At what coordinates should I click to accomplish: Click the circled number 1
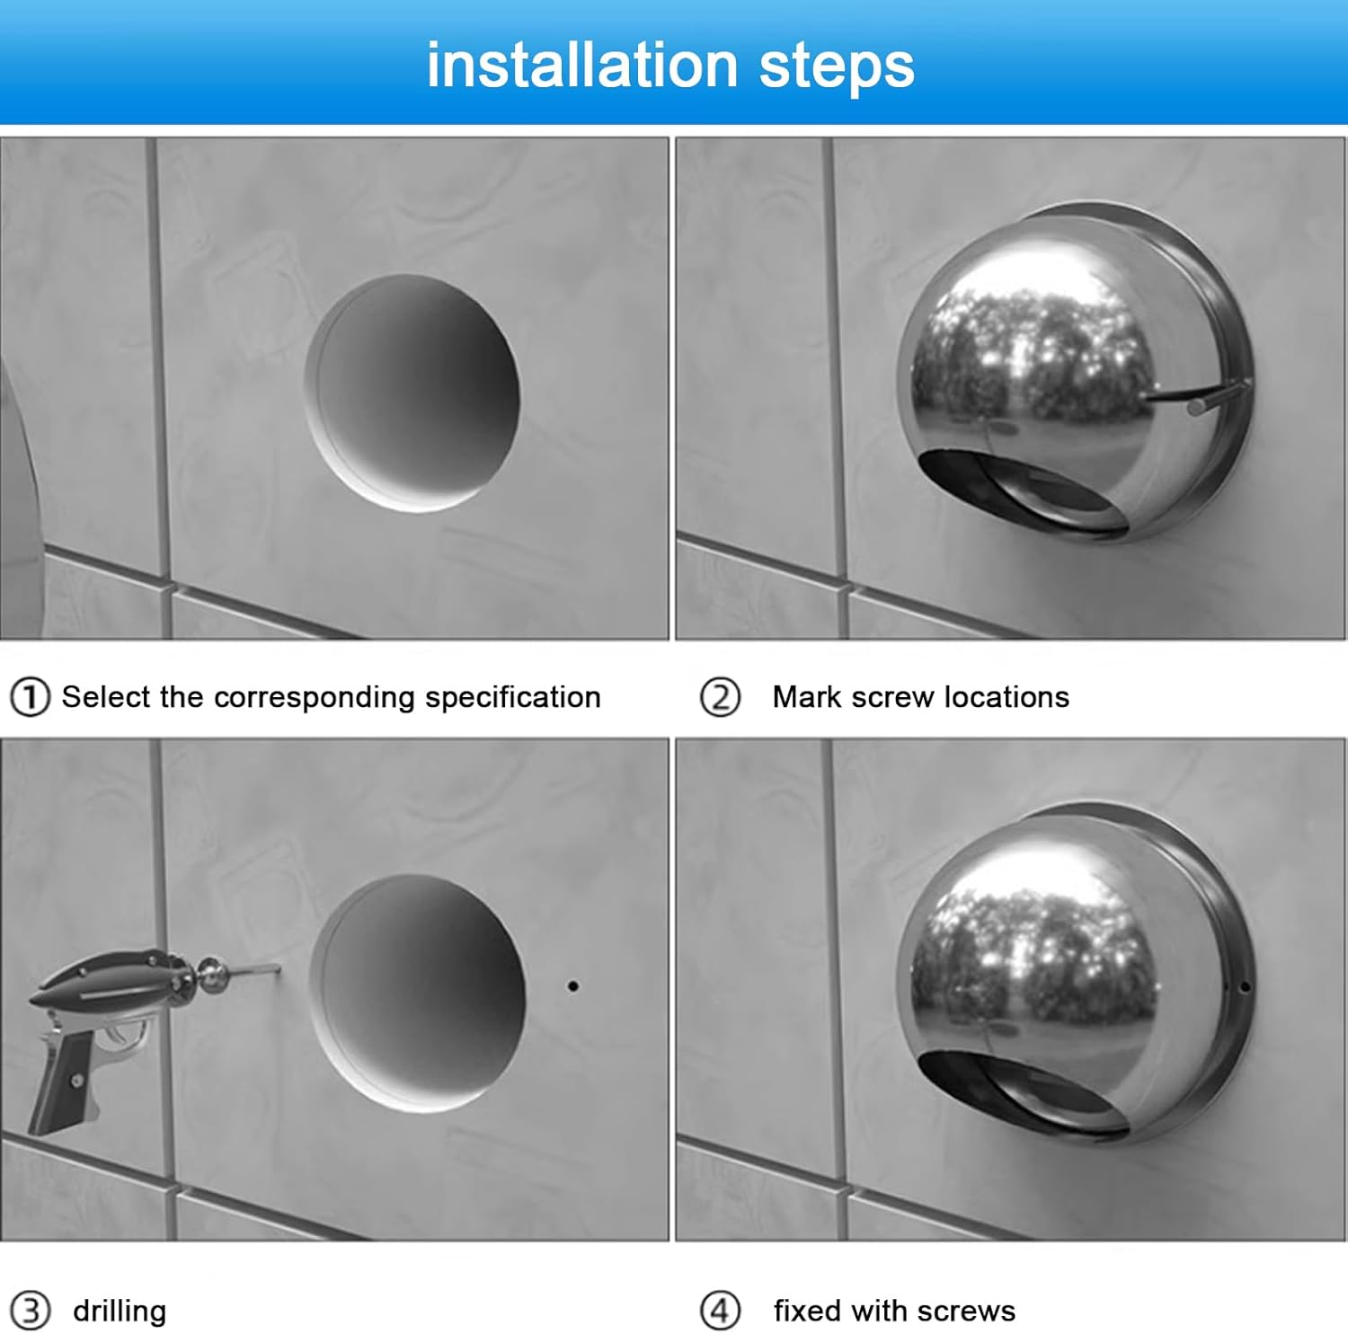30,698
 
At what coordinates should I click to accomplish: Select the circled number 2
721,698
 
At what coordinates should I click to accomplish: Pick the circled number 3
30,1311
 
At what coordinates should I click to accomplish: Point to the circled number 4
721,1311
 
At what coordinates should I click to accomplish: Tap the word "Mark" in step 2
806,697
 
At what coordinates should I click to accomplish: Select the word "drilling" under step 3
120,1312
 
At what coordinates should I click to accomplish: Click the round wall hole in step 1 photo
412,393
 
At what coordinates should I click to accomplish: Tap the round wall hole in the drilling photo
418,994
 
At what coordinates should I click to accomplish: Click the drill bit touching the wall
254,970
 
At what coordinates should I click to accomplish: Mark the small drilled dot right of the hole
572,986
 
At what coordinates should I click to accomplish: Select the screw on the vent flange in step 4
1244,987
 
